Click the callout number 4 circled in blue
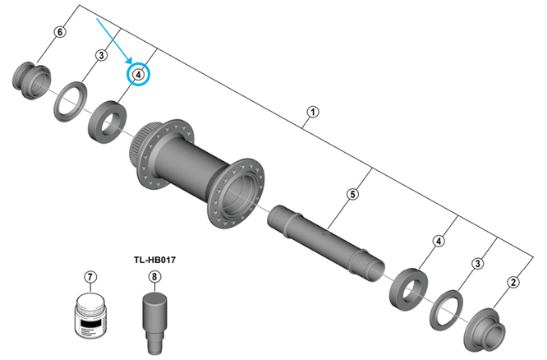point(139,75)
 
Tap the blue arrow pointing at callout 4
point(114,39)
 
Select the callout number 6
point(59,32)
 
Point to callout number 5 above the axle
point(352,195)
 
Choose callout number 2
point(513,283)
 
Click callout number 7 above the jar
point(90,277)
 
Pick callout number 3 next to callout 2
point(477,263)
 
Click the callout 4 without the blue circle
point(439,241)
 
